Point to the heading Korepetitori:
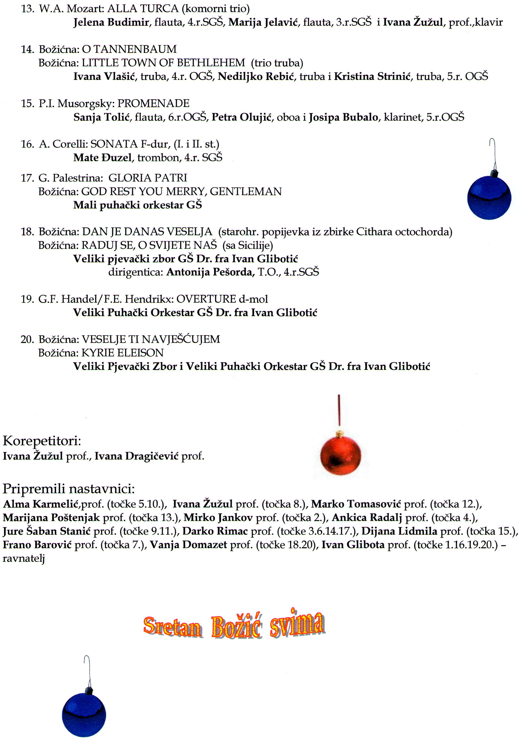click(x=42, y=441)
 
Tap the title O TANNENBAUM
click(x=129, y=49)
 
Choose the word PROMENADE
click(x=153, y=104)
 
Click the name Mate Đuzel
click(x=102, y=158)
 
